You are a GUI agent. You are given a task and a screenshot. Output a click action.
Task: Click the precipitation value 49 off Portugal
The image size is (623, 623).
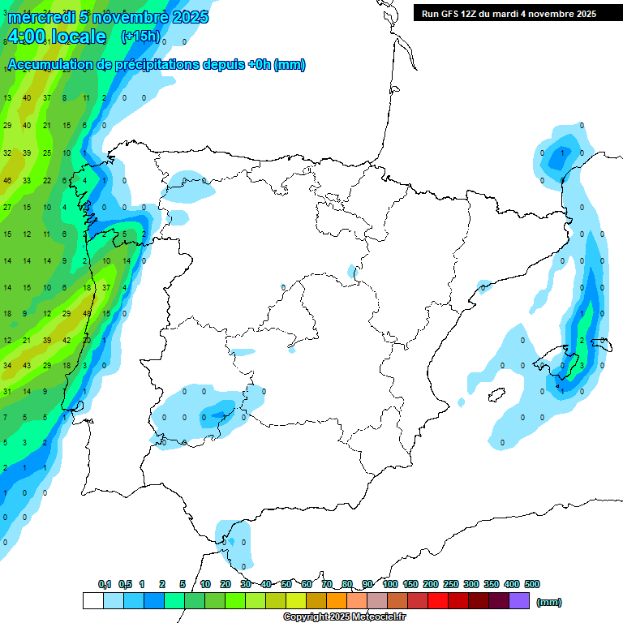coord(87,314)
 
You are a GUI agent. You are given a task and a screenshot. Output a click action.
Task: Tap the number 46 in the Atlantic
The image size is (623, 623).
coord(7,181)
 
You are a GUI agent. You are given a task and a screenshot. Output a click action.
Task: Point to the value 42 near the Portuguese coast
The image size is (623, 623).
coord(67,341)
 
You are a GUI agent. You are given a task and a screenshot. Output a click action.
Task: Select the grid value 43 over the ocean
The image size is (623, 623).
coord(27,366)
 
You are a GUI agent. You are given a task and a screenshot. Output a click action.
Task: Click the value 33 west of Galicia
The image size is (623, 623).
coord(27,181)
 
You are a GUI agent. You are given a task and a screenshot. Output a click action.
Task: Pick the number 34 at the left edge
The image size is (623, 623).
coord(7,366)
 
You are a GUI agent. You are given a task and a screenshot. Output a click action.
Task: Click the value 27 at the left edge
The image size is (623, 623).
coord(7,208)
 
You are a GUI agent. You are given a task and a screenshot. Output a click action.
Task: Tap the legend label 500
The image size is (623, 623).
coord(531,584)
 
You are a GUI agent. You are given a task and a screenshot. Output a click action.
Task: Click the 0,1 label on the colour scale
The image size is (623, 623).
coord(105,584)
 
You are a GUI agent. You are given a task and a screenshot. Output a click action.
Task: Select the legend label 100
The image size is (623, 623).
coord(390,584)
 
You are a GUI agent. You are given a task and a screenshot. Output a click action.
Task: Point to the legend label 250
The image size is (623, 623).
coord(451,584)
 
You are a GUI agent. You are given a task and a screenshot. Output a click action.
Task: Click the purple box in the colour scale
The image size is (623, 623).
coord(519,600)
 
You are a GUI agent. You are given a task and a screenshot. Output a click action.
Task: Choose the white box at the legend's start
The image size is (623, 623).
coord(93,600)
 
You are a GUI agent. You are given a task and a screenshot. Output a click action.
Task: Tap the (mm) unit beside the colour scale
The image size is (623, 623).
coord(549,602)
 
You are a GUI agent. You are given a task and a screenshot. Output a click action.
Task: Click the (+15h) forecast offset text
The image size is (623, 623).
coord(140,37)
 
